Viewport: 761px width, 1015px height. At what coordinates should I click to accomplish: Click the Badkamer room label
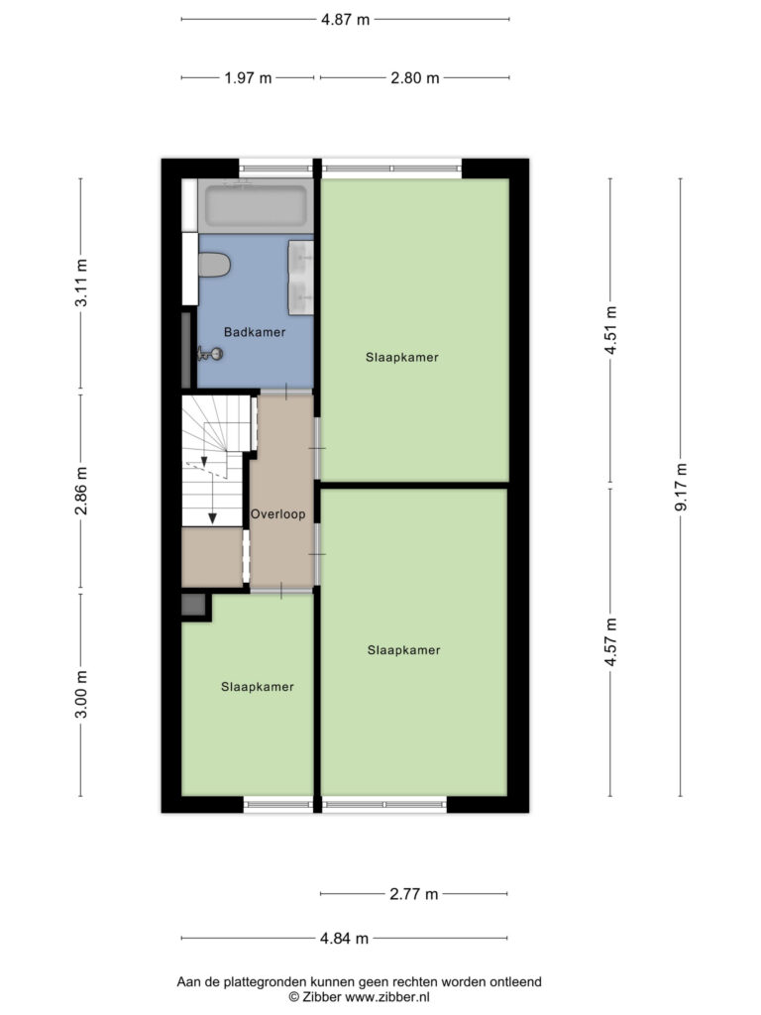click(x=255, y=332)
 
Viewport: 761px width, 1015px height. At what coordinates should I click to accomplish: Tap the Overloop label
click(x=277, y=514)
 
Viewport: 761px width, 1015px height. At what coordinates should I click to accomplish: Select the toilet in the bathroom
click(x=214, y=265)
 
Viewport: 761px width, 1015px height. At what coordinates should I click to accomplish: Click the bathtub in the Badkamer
click(x=256, y=205)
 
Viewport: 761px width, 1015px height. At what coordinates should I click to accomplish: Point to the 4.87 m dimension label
click(x=345, y=20)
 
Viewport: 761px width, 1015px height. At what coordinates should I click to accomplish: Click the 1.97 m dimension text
click(x=248, y=78)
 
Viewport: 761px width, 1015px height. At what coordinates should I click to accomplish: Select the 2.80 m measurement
click(x=415, y=78)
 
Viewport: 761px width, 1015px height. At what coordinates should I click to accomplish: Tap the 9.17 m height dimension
click(x=681, y=487)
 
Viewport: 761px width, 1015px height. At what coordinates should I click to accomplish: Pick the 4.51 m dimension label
click(x=610, y=330)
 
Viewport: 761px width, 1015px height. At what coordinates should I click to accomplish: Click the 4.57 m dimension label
click(x=610, y=641)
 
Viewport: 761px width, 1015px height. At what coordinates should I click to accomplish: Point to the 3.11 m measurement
click(x=81, y=282)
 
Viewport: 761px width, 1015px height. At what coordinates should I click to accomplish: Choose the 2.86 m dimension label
click(x=81, y=491)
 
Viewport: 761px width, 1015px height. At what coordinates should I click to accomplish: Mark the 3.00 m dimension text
click(x=81, y=694)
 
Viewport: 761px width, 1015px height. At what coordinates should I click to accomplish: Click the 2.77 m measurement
click(x=413, y=894)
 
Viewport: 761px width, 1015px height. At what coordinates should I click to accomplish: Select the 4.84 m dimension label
click(x=344, y=938)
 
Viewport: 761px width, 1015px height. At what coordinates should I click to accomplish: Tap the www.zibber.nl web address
click(x=387, y=997)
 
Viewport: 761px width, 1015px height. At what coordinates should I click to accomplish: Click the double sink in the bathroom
click(x=301, y=278)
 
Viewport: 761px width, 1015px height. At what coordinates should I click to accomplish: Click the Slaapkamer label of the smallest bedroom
click(x=257, y=687)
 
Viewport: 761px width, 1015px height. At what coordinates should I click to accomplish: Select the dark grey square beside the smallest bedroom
click(x=193, y=605)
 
